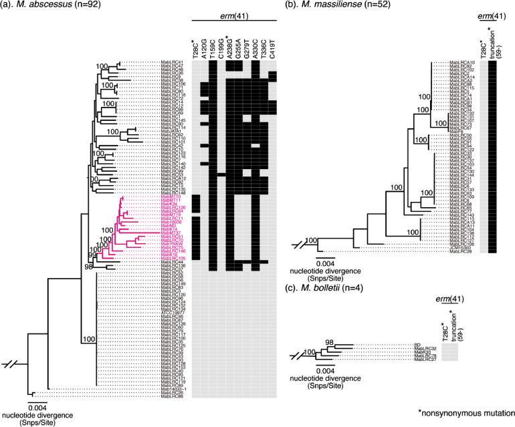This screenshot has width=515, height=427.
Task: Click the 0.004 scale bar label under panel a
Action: pos(37,408)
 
